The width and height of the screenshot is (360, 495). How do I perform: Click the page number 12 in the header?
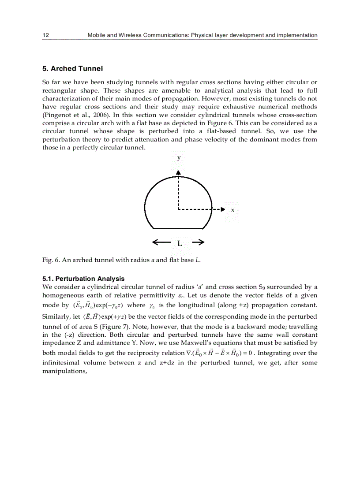tap(45, 35)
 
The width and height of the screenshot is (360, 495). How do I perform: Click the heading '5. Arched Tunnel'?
tap(72, 69)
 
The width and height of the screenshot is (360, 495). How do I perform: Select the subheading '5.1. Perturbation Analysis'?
tap(83, 279)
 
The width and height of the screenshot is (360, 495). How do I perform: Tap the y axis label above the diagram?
tap(179, 157)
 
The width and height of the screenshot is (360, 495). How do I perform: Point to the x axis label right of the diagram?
tap(232, 210)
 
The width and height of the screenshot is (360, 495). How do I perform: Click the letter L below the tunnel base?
tap(180, 243)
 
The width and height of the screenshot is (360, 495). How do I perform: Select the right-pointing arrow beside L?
tap(198, 242)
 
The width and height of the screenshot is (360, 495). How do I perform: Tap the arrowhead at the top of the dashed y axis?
tap(178, 173)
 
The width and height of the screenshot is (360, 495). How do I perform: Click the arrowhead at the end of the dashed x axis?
tap(223, 209)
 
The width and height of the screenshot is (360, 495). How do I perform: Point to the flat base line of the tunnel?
tap(179, 228)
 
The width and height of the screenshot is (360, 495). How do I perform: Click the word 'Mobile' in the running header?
tap(97, 35)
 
